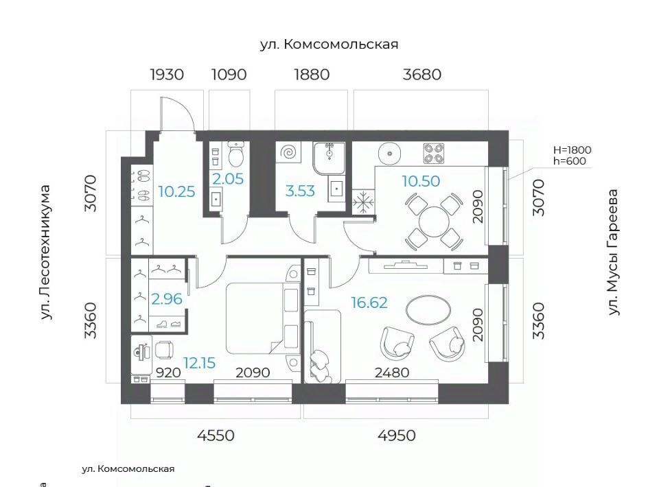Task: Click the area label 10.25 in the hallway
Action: point(177,192)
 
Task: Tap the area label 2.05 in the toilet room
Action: point(228,179)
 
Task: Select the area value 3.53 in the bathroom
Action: point(300,191)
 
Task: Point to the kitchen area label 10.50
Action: point(421,181)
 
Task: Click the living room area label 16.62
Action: point(369,302)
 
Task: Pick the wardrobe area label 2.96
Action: point(167,299)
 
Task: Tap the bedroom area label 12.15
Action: point(200,363)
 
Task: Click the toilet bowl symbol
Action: point(235,154)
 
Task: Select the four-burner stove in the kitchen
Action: point(434,153)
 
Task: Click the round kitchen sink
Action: point(391,154)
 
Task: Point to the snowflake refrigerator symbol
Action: point(363,202)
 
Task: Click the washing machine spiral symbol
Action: point(290,152)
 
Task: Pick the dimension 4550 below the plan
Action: point(216,436)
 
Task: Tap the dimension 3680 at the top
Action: point(422,75)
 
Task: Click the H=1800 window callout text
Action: point(572,150)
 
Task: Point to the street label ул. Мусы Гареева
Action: point(614,252)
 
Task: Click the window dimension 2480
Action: point(392,372)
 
